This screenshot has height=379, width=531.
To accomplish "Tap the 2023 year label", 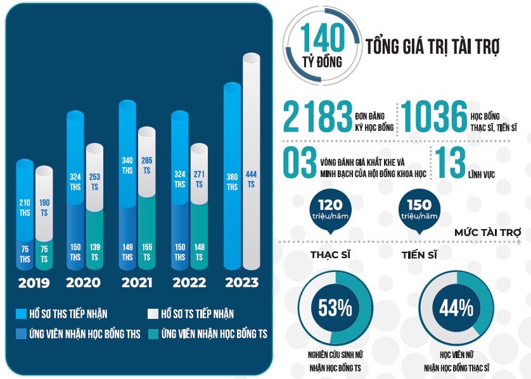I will click(x=241, y=282).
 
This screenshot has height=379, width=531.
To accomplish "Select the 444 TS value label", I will click(x=252, y=179).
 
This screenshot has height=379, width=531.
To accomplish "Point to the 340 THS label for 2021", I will click(x=127, y=165).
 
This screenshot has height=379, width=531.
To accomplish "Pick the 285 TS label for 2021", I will click(x=147, y=165).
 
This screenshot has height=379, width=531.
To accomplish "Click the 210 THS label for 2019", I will click(x=25, y=207).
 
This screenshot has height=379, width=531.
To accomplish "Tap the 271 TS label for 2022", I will click(x=199, y=179).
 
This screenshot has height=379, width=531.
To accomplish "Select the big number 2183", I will click(x=317, y=118).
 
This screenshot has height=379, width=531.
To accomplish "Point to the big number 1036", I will click(x=434, y=118).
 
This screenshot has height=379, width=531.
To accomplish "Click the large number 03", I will click(x=299, y=163).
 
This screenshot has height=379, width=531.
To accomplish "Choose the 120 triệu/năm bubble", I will click(x=330, y=209).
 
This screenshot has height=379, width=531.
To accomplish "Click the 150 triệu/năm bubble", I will click(x=419, y=209).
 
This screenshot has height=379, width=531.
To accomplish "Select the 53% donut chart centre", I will click(x=334, y=308).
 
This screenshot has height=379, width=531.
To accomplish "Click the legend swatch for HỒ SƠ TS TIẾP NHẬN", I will click(x=152, y=313).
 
